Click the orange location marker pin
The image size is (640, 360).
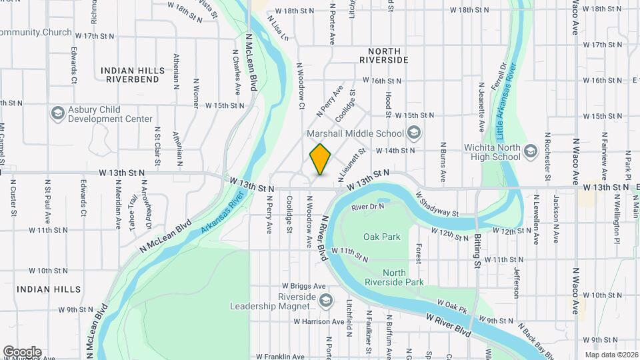click(321, 159)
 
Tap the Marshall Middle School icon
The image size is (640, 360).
click(415, 133)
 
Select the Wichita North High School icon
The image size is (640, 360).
click(531, 151)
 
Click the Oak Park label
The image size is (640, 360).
click(382, 237)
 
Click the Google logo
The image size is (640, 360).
click(22, 351)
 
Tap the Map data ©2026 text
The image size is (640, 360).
click(611, 355)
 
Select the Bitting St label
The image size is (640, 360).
click(478, 251)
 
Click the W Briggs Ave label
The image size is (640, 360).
click(304, 286)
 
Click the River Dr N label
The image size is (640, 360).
click(368, 207)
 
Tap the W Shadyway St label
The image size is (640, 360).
click(437, 205)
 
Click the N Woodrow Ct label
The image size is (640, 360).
click(301, 87)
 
